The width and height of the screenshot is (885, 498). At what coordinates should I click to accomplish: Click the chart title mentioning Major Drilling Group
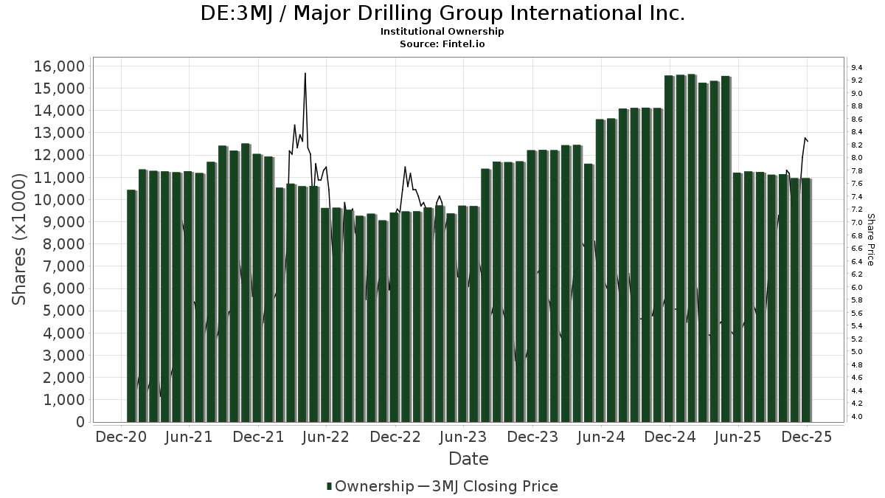tap(442, 13)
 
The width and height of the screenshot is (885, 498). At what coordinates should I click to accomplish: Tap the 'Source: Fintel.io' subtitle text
tap(442, 44)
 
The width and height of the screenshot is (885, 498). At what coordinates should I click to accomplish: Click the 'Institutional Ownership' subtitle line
tap(442, 32)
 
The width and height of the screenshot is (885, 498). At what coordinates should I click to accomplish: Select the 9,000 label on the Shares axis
tap(63, 222)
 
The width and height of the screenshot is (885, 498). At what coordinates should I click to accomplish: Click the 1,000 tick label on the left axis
tap(63, 400)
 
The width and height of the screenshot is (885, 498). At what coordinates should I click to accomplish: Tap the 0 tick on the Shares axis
tap(79, 422)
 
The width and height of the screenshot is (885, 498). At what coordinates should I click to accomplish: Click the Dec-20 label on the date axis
tap(121, 437)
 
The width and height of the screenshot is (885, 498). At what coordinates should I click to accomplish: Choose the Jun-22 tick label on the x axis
tap(326, 437)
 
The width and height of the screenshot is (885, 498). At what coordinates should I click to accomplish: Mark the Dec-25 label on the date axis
tap(806, 437)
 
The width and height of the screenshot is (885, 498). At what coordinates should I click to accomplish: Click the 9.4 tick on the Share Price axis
tap(857, 68)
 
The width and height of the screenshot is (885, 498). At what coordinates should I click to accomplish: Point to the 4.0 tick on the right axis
tap(857, 417)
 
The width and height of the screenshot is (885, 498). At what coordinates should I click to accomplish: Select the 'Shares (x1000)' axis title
tap(20, 239)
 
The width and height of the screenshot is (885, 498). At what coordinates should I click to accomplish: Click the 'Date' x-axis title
tap(468, 459)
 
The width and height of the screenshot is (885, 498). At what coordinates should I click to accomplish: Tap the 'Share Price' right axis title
tap(871, 239)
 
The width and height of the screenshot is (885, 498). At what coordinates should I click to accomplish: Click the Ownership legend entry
tap(370, 486)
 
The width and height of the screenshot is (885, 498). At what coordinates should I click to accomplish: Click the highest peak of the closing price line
tap(305, 73)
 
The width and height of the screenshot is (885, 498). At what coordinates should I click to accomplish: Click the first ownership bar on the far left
tap(131, 305)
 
